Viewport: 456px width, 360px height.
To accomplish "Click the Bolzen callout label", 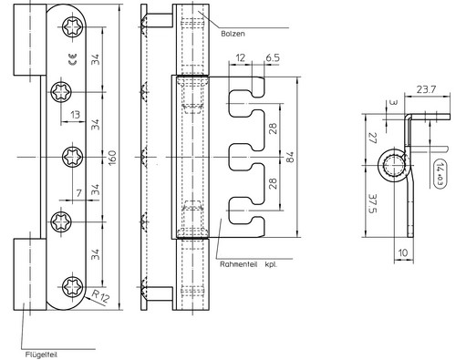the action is (x=233, y=34).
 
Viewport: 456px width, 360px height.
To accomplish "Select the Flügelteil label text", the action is (x=41, y=355).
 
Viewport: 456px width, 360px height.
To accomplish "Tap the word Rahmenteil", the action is (x=239, y=264).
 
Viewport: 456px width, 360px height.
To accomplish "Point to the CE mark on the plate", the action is (x=73, y=59).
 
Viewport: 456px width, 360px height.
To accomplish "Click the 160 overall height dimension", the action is (x=112, y=158).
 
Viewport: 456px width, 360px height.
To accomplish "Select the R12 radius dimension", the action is (x=100, y=296).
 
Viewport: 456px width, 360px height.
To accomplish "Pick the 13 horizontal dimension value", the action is (x=75, y=115).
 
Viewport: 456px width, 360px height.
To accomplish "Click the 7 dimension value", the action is (x=79, y=193).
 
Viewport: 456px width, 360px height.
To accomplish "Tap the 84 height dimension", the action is (x=290, y=157).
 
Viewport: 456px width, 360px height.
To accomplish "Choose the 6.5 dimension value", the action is (x=273, y=57).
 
